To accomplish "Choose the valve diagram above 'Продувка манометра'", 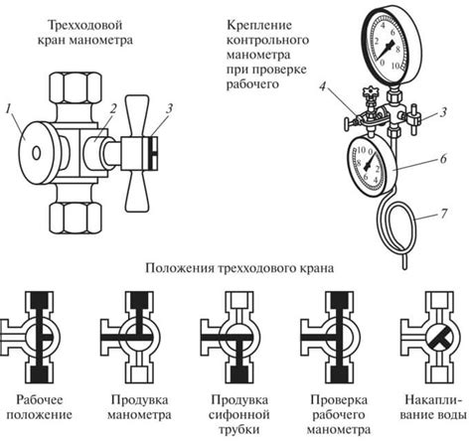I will click(133, 334).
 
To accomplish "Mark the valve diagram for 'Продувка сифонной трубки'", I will click(230, 334).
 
